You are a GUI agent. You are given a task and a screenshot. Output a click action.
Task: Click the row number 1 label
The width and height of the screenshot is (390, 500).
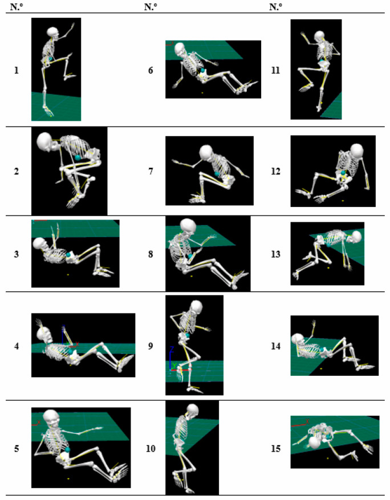17,70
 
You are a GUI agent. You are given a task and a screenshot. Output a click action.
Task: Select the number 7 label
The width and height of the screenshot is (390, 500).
151,172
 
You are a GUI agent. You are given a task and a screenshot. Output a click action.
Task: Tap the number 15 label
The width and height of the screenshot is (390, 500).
276,449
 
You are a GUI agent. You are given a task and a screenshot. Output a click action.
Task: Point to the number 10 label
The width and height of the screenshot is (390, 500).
151,449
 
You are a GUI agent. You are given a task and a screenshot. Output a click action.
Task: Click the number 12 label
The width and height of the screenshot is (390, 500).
276,172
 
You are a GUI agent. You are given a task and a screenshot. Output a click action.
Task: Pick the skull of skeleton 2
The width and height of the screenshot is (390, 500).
47,143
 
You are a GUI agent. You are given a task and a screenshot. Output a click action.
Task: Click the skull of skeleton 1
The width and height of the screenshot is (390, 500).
53,33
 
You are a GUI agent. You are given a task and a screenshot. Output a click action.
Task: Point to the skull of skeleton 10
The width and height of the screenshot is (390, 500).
192,410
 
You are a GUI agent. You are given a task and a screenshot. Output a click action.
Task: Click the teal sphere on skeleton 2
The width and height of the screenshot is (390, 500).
78,157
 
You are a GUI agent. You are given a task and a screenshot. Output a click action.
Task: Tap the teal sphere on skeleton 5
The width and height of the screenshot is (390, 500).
68,450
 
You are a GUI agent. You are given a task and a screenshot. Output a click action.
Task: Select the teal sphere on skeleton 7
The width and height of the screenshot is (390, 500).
217,174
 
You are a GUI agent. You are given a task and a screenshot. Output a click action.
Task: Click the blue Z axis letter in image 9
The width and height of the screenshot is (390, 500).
172,349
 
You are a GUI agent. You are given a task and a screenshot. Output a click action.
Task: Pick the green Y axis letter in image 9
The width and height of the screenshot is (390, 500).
174,365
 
